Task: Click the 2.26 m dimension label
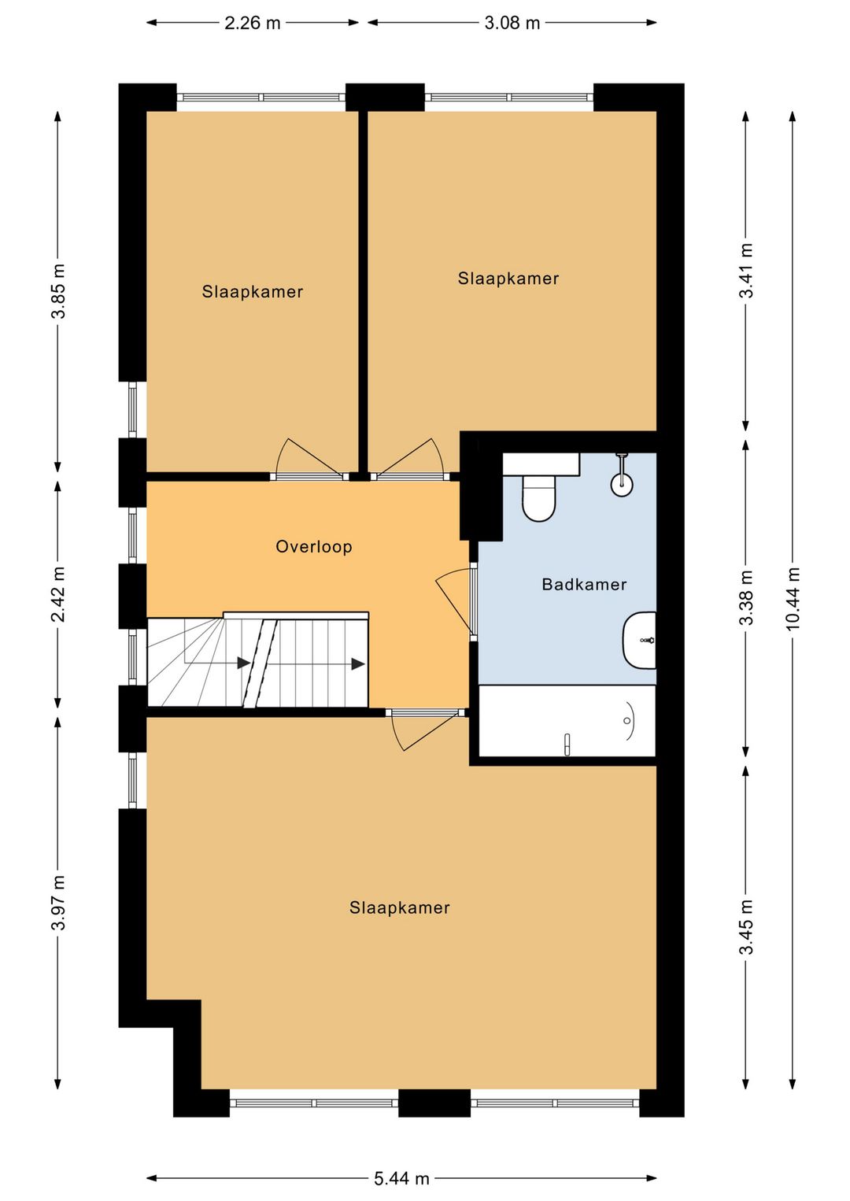pyautogui.click(x=252, y=23)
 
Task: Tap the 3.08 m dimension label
pyautogui.click(x=512, y=23)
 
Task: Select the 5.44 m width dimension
pyautogui.click(x=401, y=1178)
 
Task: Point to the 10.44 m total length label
pyautogui.click(x=793, y=598)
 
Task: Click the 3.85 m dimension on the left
pyautogui.click(x=58, y=291)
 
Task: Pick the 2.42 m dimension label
pyautogui.click(x=58, y=593)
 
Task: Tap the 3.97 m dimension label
pyautogui.click(x=58, y=902)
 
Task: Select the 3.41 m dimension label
pyautogui.click(x=746, y=271)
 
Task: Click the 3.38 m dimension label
pyautogui.click(x=746, y=598)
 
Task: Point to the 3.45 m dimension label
pyautogui.click(x=746, y=927)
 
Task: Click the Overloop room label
pyautogui.click(x=313, y=547)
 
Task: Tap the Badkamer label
pyautogui.click(x=584, y=585)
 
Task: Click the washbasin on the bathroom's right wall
pyautogui.click(x=640, y=641)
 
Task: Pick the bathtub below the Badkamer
pyautogui.click(x=567, y=721)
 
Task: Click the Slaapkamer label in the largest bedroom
pyautogui.click(x=399, y=908)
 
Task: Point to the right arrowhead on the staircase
pyautogui.click(x=358, y=663)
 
